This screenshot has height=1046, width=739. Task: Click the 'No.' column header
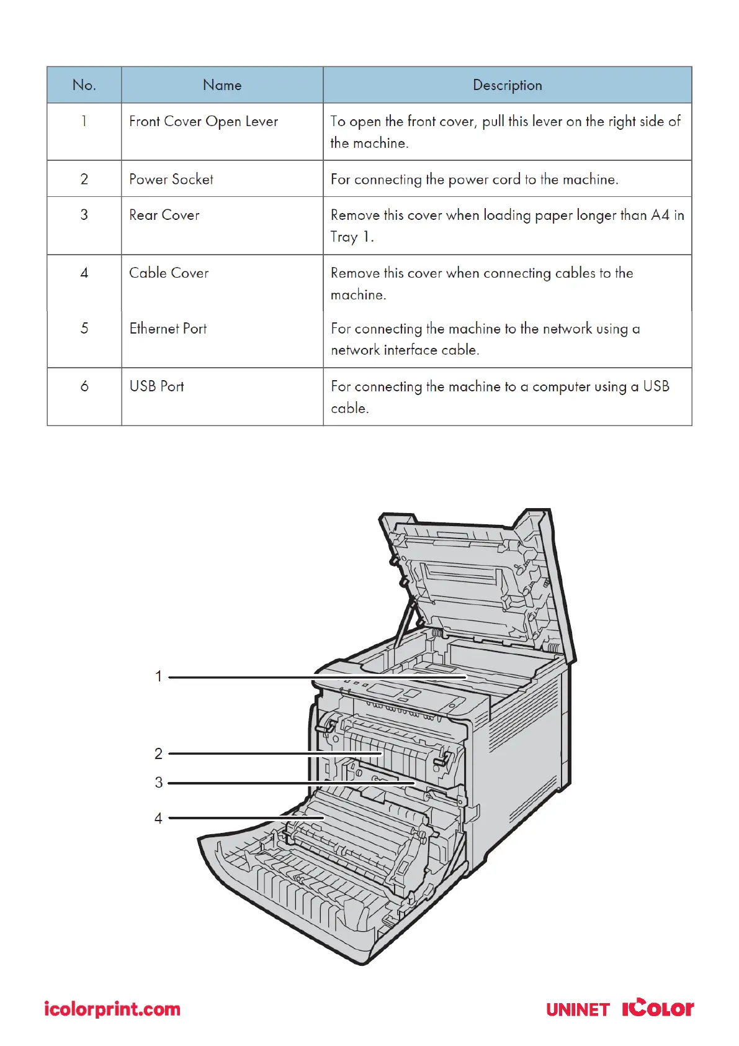pos(84,85)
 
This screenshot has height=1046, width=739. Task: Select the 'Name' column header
pos(222,85)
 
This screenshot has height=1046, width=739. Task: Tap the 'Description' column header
pos(507,85)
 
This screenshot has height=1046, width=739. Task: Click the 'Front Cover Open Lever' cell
pos(204,122)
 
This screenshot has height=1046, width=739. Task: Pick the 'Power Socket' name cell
pos(171,180)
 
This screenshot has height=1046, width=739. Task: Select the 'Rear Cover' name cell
pos(164,216)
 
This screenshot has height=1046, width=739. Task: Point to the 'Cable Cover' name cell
pos(169,273)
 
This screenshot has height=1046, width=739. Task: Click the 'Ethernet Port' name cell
pos(168,329)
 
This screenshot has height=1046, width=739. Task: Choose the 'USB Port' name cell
pos(156,386)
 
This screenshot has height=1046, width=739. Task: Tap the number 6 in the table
pos(84,386)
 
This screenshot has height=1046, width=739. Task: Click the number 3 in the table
pos(84,216)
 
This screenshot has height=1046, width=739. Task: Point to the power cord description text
pos(474,180)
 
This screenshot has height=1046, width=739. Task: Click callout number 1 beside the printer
pos(159,676)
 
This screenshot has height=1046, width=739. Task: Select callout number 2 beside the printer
pos(159,754)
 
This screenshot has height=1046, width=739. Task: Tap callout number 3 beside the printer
pos(159,783)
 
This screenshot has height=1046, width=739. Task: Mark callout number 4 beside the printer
pos(159,819)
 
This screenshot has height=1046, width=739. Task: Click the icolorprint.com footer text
pos(112,1009)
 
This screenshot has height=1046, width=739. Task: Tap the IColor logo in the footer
pos(658,1007)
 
